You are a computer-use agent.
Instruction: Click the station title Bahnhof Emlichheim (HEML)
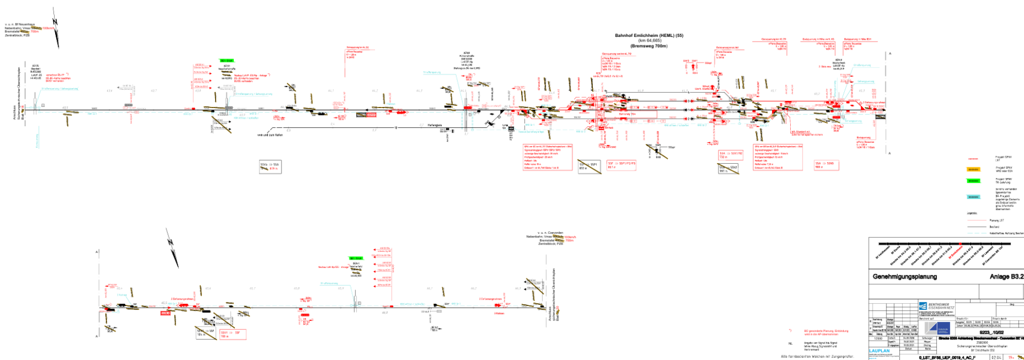click(649, 36)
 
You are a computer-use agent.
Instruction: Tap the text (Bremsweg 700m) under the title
click(649, 46)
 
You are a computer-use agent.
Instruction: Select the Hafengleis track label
click(435, 125)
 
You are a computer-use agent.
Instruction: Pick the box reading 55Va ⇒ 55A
click(270, 166)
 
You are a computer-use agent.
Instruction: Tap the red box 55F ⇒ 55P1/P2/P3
click(621, 165)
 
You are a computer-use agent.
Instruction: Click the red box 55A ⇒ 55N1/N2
click(731, 155)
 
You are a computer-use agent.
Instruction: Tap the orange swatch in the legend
click(973, 169)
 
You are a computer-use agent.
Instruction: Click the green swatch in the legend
click(973, 181)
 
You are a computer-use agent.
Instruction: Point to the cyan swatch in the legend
click(973, 197)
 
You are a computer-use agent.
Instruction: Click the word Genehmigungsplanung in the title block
click(905, 277)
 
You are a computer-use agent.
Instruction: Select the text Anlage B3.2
click(1006, 277)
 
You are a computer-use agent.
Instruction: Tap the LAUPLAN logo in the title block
click(879, 351)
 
